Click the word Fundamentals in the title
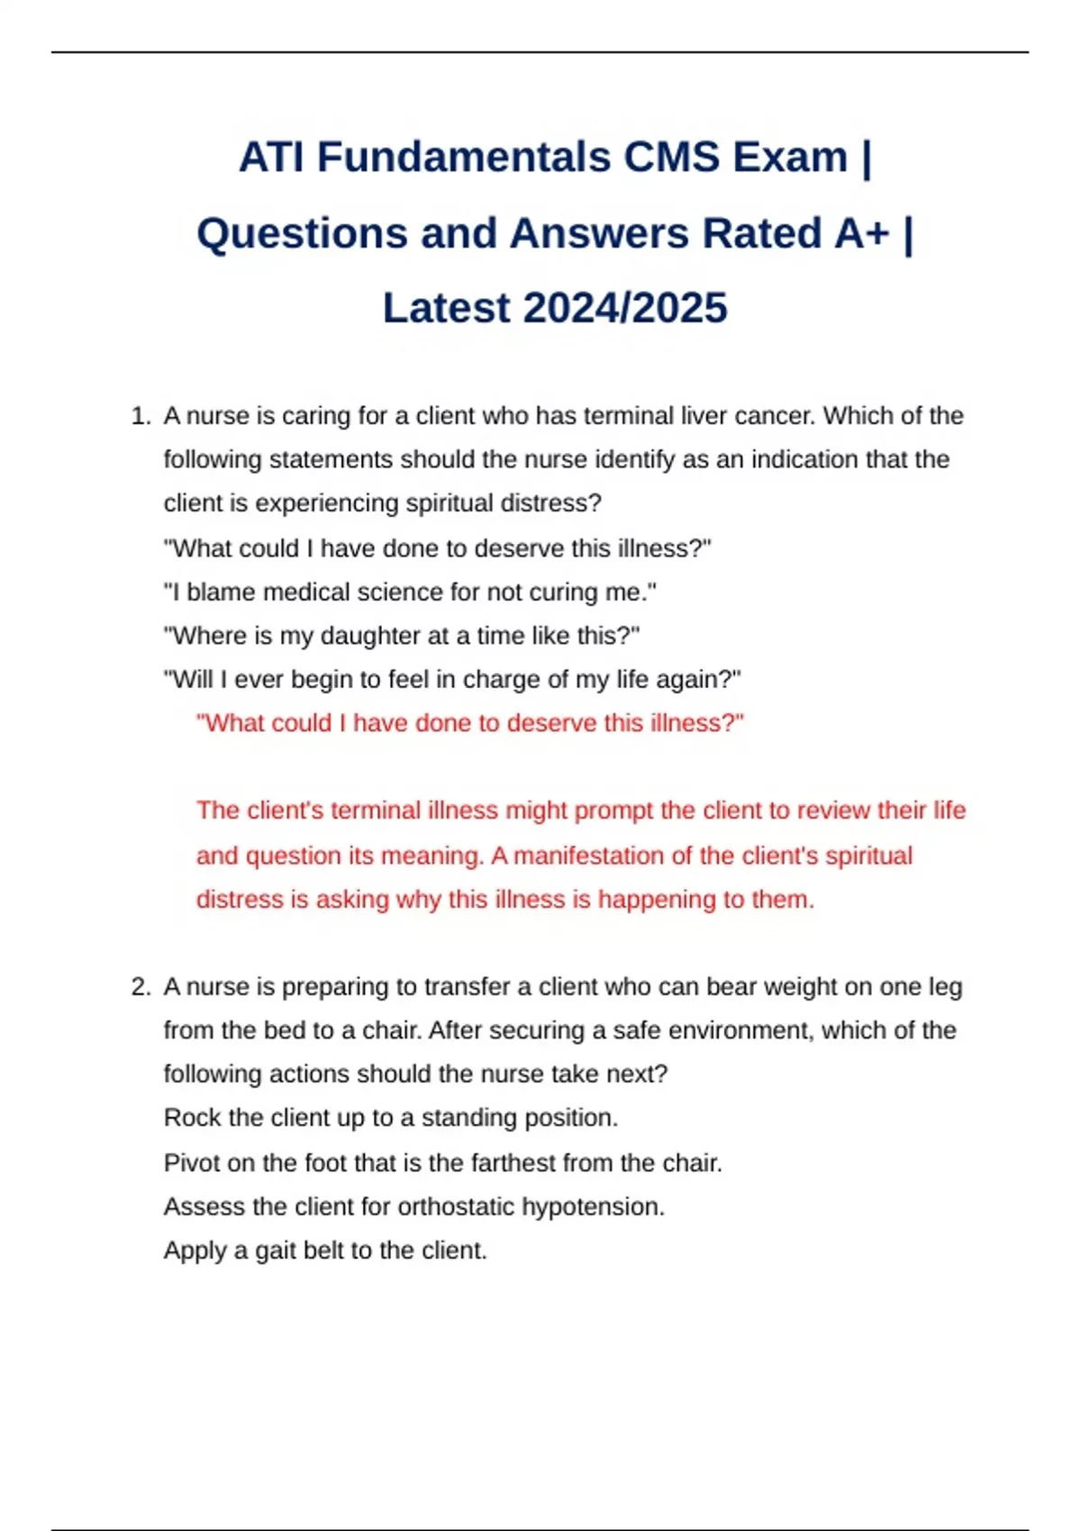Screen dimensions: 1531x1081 click(x=463, y=158)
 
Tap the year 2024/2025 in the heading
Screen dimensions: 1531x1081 click(x=624, y=308)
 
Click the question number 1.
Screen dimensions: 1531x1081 click(x=140, y=416)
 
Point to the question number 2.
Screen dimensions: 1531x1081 click(x=140, y=987)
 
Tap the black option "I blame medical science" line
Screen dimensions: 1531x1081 click(x=410, y=593)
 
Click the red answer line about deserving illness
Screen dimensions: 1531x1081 click(x=470, y=723)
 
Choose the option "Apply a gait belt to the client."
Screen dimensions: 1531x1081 click(x=325, y=1251)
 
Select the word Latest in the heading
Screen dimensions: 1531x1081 click(x=447, y=308)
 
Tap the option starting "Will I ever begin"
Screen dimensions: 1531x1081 click(x=452, y=680)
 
